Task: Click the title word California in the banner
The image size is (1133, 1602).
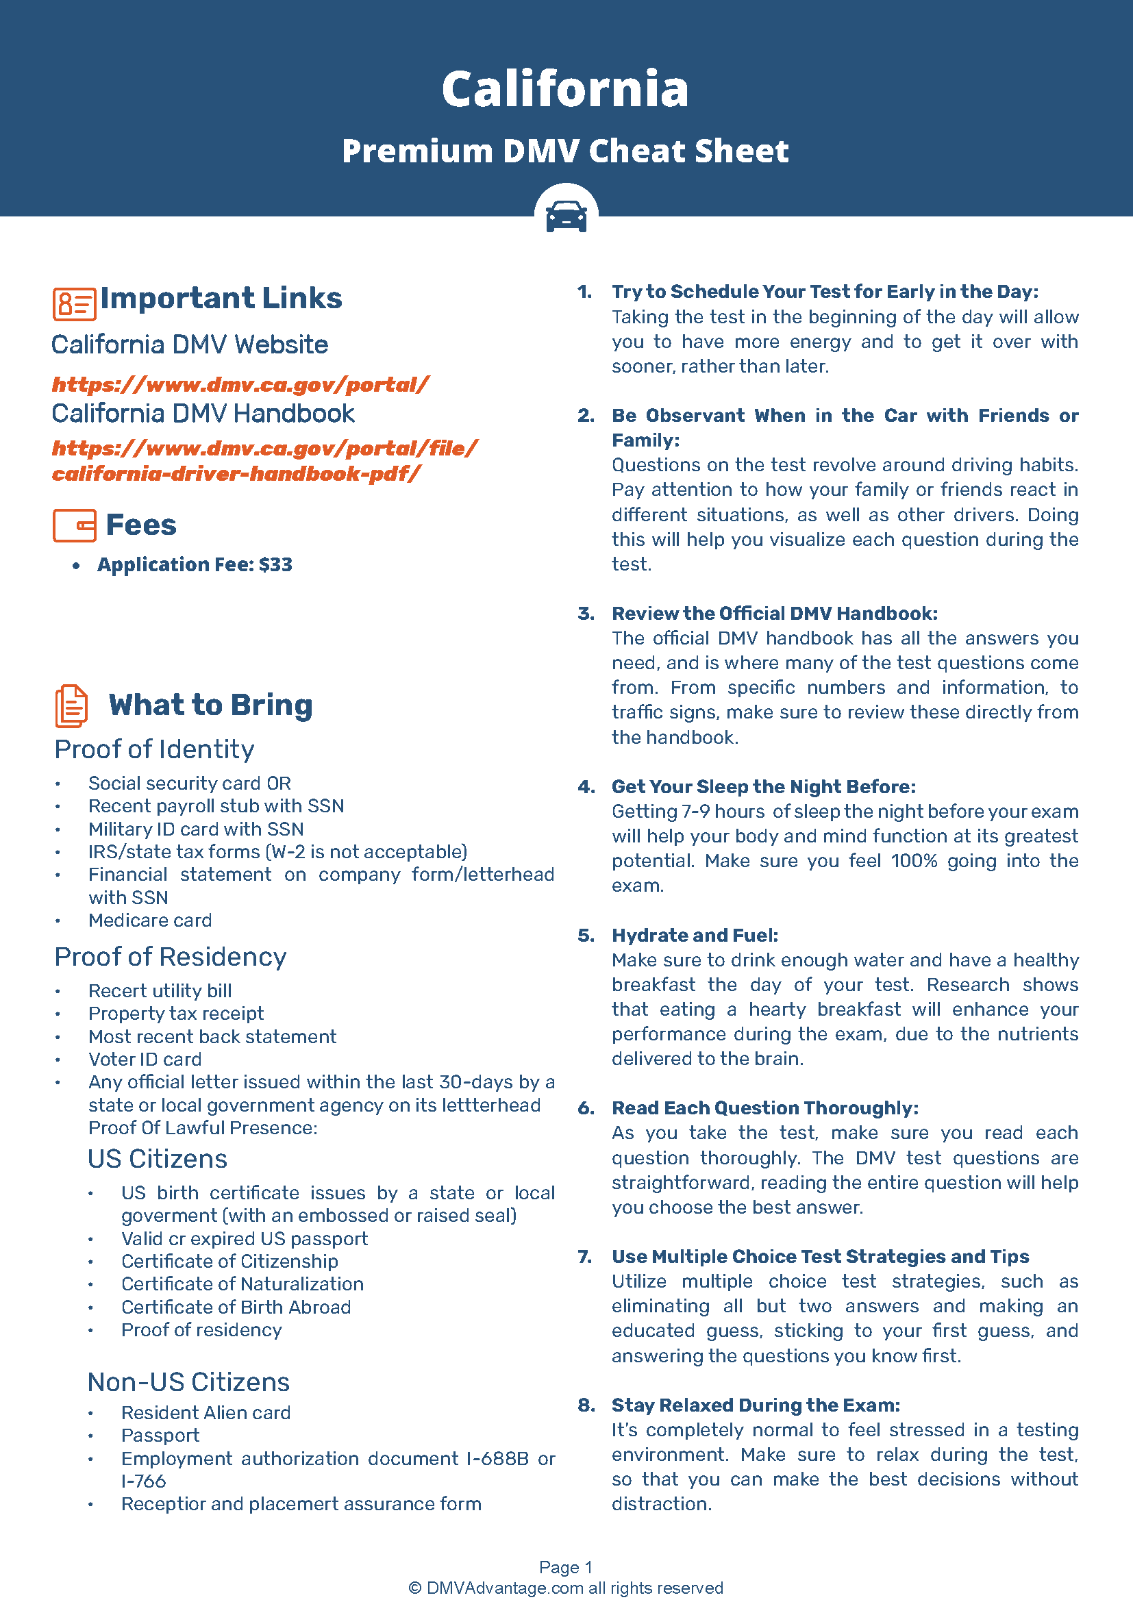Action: click(x=565, y=89)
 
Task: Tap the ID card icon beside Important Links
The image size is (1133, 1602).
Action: click(x=74, y=303)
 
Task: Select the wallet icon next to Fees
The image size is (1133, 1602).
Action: click(x=74, y=525)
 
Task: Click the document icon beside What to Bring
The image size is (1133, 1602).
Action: click(x=71, y=705)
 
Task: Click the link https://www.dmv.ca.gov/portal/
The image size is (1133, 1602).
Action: click(x=240, y=384)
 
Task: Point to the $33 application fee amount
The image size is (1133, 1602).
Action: click(x=275, y=564)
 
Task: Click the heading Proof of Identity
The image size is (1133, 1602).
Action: click(x=154, y=749)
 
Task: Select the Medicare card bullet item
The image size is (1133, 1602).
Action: click(x=150, y=921)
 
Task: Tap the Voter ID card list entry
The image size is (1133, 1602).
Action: click(x=145, y=1059)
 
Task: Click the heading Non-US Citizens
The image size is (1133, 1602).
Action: click(x=188, y=1382)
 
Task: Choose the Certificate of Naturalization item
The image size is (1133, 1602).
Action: click(x=242, y=1284)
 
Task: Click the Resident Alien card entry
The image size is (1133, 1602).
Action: click(x=206, y=1412)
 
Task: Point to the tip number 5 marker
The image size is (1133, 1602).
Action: click(x=586, y=935)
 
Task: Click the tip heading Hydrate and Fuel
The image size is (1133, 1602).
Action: click(x=695, y=935)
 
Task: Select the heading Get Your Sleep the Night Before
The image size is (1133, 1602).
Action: click(x=763, y=786)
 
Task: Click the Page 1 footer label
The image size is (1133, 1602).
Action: click(x=566, y=1567)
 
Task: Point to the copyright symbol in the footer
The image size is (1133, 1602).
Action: click(x=415, y=1588)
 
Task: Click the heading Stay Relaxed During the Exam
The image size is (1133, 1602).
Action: click(x=756, y=1405)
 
